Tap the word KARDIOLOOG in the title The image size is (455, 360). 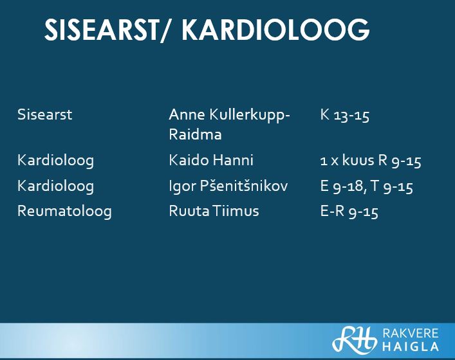[x=275, y=30]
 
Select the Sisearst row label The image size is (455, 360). [x=44, y=114]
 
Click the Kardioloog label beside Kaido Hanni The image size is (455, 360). [x=56, y=160]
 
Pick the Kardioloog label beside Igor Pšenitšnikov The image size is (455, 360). [x=56, y=186]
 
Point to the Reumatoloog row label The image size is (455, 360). [x=64, y=211]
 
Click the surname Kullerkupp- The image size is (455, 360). [x=250, y=115]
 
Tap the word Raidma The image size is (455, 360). [x=195, y=134]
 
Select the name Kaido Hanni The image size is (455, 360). [x=211, y=160]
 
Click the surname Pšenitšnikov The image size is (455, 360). [x=244, y=186]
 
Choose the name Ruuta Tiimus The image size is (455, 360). [x=214, y=211]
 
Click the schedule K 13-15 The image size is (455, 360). [x=345, y=115]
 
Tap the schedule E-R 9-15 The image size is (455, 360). [x=349, y=212]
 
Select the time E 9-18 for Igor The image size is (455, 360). [x=342, y=186]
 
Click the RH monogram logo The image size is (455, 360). [x=355, y=339]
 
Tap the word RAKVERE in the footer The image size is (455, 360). [x=411, y=333]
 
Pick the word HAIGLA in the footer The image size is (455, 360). [x=411, y=346]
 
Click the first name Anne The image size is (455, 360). [x=187, y=114]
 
